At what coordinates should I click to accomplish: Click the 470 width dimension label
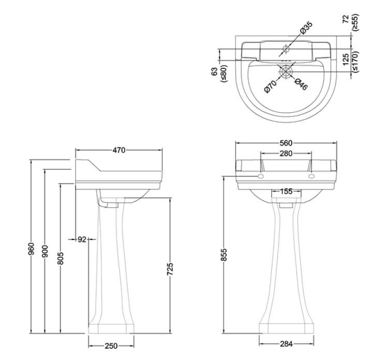pyautogui.click(x=119, y=151)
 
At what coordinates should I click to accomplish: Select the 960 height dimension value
pyautogui.click(x=32, y=249)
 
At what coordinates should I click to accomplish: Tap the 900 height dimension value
pyautogui.click(x=45, y=251)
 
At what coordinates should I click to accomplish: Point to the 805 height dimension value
pyautogui.click(x=61, y=259)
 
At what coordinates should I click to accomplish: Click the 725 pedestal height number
pyautogui.click(x=170, y=269)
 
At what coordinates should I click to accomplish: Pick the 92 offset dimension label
pyautogui.click(x=82, y=239)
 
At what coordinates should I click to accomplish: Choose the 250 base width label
pyautogui.click(x=111, y=346)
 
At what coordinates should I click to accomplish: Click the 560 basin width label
pyautogui.click(x=286, y=143)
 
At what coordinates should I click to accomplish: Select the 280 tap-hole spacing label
pyautogui.click(x=286, y=154)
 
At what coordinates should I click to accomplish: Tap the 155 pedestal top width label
pyautogui.click(x=286, y=191)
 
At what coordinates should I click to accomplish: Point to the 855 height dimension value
pyautogui.click(x=224, y=255)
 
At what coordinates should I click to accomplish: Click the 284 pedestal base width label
pyautogui.click(x=286, y=344)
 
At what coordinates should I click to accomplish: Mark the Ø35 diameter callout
pyautogui.click(x=306, y=28)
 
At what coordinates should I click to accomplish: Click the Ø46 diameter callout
pyautogui.click(x=301, y=84)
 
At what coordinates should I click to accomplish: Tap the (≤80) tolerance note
pyautogui.click(x=224, y=73)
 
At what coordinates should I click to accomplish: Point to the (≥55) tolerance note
pyautogui.click(x=355, y=22)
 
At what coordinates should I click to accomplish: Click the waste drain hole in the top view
pyautogui.click(x=286, y=71)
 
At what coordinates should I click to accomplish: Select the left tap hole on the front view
pyautogui.click(x=260, y=176)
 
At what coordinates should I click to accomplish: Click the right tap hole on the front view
pyautogui.click(x=312, y=176)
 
